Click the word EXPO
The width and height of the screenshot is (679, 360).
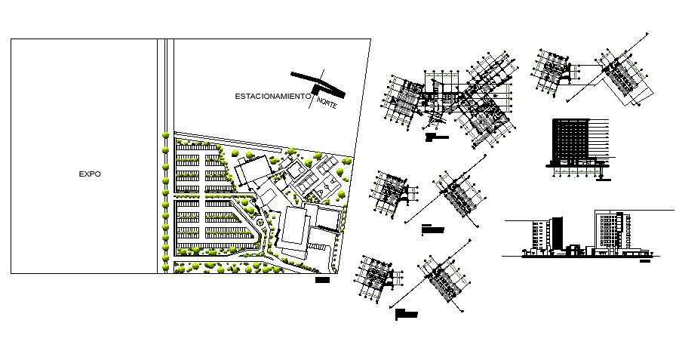[90, 174]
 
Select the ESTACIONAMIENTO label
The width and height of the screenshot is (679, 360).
[272, 96]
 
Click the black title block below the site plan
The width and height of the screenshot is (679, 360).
[323, 280]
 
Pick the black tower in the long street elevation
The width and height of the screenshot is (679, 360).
[557, 231]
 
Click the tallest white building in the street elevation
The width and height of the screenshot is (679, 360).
[612, 228]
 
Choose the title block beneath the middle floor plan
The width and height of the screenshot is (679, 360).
[427, 226]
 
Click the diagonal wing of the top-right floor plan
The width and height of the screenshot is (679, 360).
[619, 75]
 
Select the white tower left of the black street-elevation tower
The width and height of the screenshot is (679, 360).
[539, 234]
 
